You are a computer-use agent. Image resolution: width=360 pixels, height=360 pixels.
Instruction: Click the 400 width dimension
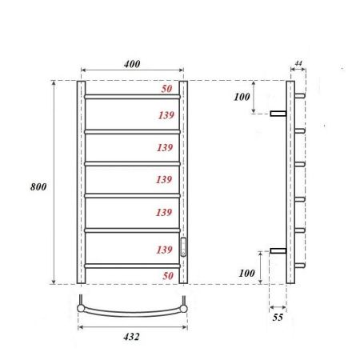pyautogui.click(x=132, y=62)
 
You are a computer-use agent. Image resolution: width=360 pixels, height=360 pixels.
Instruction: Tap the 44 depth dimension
pyautogui.click(x=298, y=62)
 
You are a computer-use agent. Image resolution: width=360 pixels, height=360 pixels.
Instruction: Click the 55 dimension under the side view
pyautogui.click(x=278, y=318)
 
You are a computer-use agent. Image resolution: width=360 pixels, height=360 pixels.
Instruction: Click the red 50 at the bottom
pyautogui.click(x=166, y=275)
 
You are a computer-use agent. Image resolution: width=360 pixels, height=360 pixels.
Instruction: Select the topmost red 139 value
pyautogui.click(x=166, y=116)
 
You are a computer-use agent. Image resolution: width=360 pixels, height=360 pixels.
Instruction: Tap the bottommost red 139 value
pyautogui.click(x=166, y=250)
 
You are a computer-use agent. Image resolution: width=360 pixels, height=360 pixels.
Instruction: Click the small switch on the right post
pyautogui.click(x=183, y=246)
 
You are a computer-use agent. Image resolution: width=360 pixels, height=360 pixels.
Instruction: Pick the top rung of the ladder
pyautogui.click(x=132, y=97)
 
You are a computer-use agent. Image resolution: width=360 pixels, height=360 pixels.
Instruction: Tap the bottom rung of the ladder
pyautogui.click(x=132, y=265)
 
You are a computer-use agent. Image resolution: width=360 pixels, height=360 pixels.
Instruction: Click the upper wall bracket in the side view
pyautogui.click(x=278, y=114)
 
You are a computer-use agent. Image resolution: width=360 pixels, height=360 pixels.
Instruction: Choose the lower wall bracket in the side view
pyautogui.click(x=278, y=250)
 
